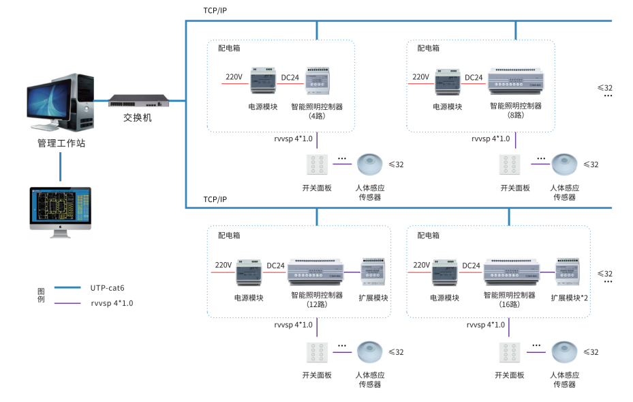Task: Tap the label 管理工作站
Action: (61, 143)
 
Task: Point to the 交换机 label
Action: (138, 117)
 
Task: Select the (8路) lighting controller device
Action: (515, 83)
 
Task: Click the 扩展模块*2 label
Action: (570, 298)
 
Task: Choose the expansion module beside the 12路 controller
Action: (373, 271)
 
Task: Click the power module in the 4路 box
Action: (262, 81)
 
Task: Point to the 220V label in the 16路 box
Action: (421, 265)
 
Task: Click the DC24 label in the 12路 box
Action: (275, 265)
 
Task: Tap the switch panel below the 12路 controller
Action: (317, 354)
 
